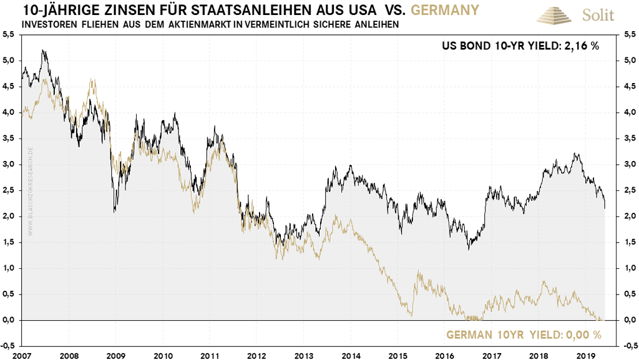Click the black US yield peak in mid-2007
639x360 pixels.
point(42,51)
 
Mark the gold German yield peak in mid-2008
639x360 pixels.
point(92,80)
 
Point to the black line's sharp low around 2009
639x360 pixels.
point(114,212)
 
